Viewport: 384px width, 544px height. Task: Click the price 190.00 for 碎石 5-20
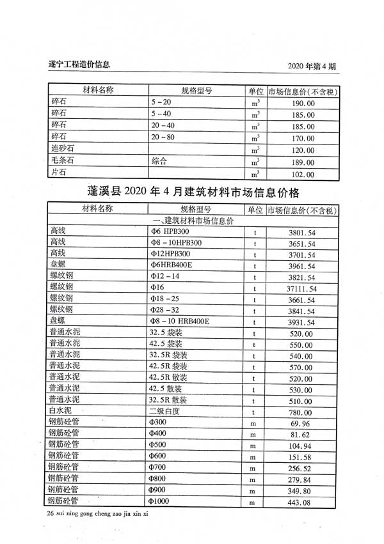[x=303, y=103]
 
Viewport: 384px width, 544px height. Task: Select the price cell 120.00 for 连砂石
[x=303, y=150]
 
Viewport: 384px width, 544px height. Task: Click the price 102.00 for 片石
[x=303, y=173]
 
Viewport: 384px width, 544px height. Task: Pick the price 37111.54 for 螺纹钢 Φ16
[x=303, y=289]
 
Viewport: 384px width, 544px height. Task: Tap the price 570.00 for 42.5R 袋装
[x=303, y=368]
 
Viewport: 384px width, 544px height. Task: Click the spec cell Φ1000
[x=160, y=502]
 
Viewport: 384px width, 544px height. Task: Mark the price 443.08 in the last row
[x=303, y=502]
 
